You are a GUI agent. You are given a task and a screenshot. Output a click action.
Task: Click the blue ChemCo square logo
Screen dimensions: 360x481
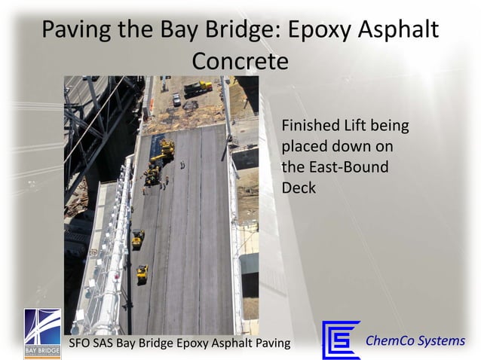click(x=341, y=340)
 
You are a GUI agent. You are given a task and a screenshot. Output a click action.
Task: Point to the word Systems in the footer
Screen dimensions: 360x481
click(x=443, y=340)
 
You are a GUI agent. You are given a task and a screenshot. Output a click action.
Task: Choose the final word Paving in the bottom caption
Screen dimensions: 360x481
click(x=271, y=344)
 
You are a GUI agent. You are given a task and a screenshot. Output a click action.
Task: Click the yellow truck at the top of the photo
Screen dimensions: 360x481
click(x=198, y=87)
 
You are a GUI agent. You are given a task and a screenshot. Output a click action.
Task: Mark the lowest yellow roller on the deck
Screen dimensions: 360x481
click(x=142, y=273)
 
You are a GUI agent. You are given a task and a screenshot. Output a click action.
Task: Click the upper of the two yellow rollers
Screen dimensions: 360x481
click(x=138, y=238)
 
